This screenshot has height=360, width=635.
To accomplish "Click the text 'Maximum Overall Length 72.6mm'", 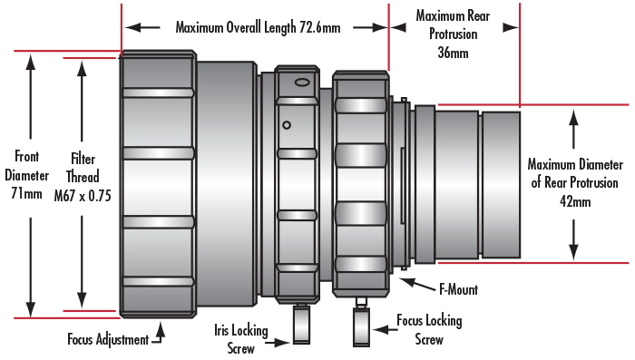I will pos(258,26).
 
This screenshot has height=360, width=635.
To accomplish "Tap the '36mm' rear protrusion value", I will pos(453,54).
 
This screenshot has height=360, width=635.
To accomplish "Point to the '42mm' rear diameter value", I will pos(575,200).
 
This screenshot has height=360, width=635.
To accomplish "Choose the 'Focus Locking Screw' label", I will pos(429,330).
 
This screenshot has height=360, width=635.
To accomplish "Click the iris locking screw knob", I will pos(302,326).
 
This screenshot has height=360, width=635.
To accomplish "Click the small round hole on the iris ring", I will pos(287,124).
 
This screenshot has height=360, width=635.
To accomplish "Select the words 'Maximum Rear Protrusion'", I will pos(453,26).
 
